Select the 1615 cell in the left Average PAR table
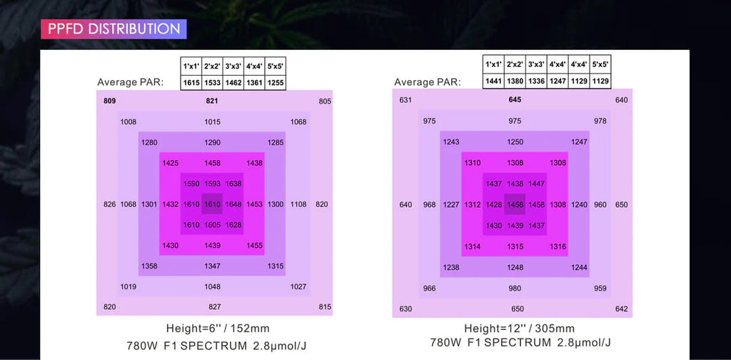[191, 83]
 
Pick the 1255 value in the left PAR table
[276, 83]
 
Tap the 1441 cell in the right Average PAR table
[493, 81]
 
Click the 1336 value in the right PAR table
[536, 81]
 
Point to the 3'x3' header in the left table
[233, 66]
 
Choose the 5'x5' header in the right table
[600, 64]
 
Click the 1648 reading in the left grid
[233, 204]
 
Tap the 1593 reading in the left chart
[213, 184]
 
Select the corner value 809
[109, 101]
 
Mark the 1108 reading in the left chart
[298, 204]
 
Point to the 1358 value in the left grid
[149, 266]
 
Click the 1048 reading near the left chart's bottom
[213, 286]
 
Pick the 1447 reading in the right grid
[537, 184]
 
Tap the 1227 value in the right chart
[451, 205]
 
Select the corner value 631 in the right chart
[405, 100]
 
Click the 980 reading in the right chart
[515, 289]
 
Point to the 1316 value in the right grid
[558, 246]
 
